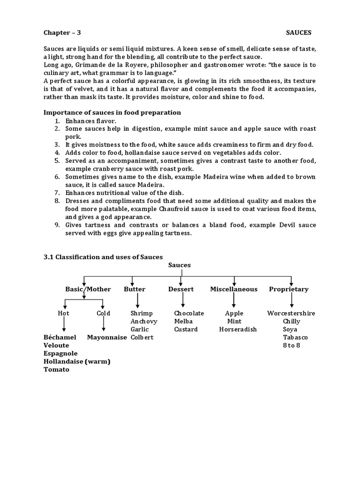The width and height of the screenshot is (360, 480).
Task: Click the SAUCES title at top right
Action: [x=299, y=32]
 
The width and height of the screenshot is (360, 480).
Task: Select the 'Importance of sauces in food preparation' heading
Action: [x=112, y=112]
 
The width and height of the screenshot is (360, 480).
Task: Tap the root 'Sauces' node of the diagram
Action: [x=180, y=265]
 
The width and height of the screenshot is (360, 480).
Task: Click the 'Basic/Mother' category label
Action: [x=88, y=289]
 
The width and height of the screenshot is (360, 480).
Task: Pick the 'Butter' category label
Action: [x=135, y=289]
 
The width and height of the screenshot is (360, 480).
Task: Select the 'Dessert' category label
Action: [x=181, y=289]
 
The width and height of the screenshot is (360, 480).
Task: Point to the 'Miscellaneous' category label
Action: [x=233, y=289]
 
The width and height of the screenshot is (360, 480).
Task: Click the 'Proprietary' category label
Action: [x=289, y=289]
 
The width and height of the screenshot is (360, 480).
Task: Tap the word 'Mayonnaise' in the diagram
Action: [x=107, y=337]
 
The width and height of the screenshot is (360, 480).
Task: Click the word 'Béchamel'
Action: [x=60, y=337]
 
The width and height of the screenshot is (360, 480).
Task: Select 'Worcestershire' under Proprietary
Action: [x=291, y=313]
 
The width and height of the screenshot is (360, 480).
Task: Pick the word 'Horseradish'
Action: [x=238, y=329]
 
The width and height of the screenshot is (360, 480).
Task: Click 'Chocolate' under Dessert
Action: [x=189, y=313]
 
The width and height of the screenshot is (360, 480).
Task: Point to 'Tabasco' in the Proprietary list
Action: [x=291, y=337]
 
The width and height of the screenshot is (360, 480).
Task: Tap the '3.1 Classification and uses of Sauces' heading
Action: [x=103, y=257]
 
